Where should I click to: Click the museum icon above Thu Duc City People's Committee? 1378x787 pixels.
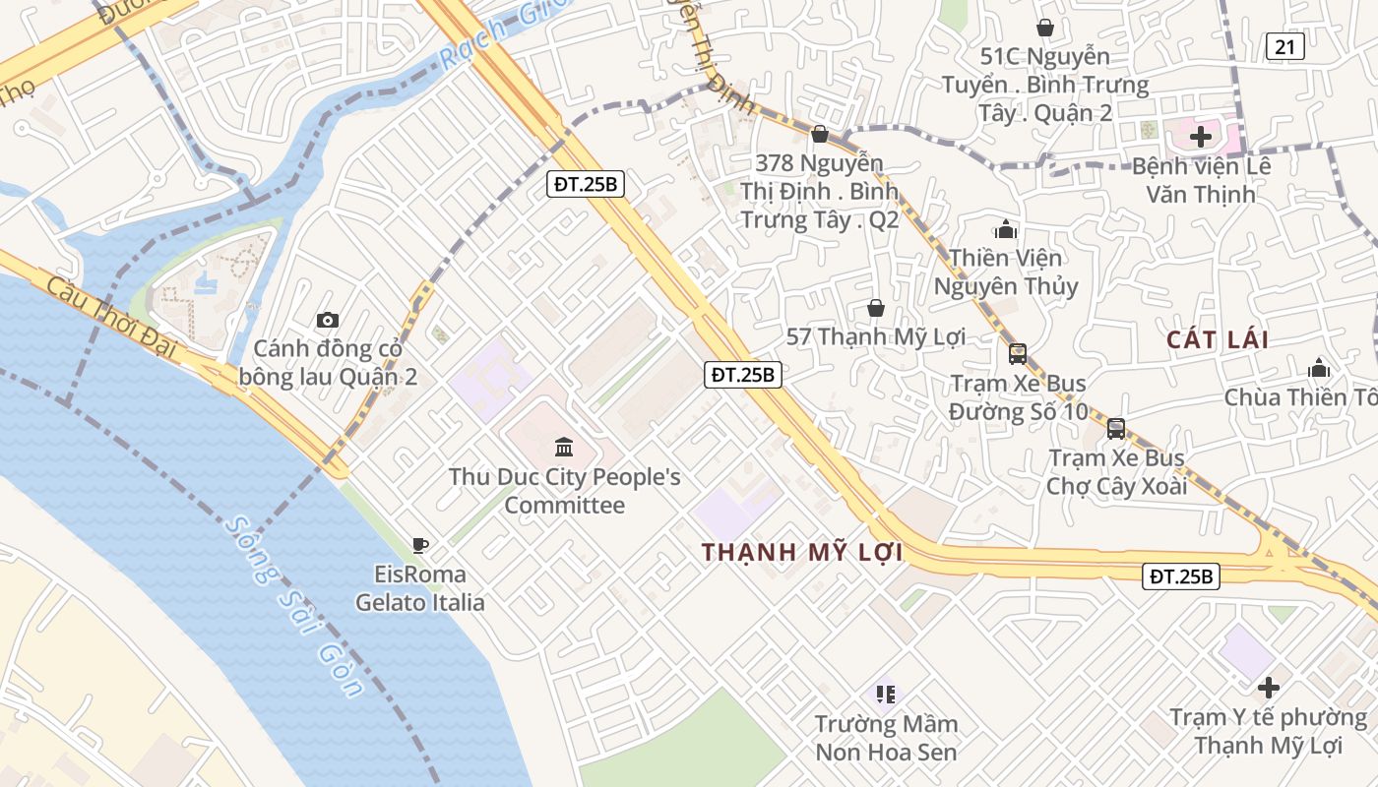[x=564, y=448]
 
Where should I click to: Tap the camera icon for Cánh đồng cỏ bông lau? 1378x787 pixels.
[x=328, y=320]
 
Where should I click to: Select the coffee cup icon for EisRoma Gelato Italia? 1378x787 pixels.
[x=420, y=545]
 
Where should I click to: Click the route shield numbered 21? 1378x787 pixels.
[x=1285, y=46]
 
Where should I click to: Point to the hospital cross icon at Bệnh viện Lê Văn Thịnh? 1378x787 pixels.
[x=1201, y=137]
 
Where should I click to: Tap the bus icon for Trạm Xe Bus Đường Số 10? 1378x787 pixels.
[x=1018, y=353]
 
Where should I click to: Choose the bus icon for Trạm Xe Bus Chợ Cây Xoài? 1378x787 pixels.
[x=1116, y=429]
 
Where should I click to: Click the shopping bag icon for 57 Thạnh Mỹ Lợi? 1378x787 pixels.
[x=875, y=309]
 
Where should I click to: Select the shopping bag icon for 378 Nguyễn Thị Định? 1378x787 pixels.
[x=819, y=134]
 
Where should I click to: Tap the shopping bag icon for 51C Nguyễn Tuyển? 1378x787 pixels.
[x=1044, y=28]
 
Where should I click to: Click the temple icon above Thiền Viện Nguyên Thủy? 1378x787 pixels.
[x=1006, y=230]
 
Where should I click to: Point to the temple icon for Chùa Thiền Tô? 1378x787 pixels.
[x=1319, y=369]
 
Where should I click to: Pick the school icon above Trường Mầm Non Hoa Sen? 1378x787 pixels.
[x=886, y=695]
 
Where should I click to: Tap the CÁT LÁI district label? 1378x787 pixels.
[x=1218, y=340]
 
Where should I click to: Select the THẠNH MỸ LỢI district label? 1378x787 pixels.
[x=803, y=553]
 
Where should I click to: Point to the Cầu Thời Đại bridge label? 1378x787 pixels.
[x=108, y=320]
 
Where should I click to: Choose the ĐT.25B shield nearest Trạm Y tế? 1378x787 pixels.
[x=1181, y=576]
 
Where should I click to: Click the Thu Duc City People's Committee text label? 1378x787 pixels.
[x=565, y=491]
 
